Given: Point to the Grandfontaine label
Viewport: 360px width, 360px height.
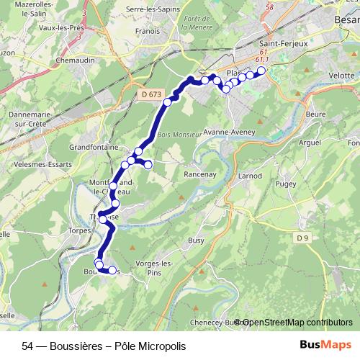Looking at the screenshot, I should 94,148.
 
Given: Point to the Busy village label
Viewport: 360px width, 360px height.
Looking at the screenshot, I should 196,240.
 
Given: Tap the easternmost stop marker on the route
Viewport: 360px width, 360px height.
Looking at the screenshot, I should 261,71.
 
